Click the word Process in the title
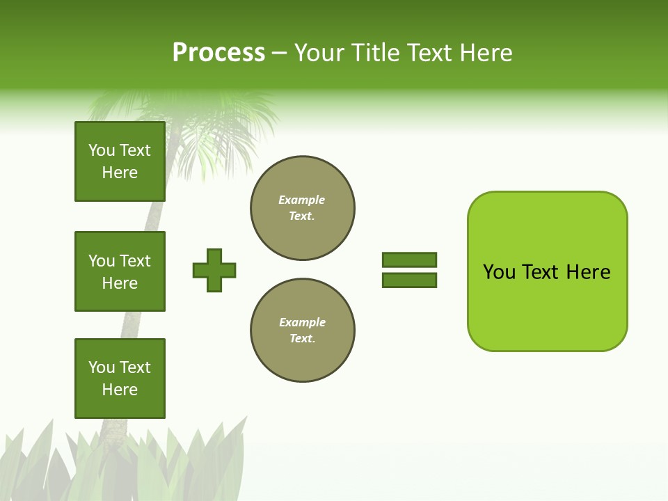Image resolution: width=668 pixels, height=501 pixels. [218, 53]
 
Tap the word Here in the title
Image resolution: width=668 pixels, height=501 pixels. [483, 53]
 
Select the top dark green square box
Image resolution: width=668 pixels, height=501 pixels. [120, 161]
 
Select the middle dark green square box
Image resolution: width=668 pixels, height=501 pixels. [120, 271]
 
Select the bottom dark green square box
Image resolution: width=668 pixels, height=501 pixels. [120, 379]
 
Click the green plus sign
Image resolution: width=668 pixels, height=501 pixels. [214, 270]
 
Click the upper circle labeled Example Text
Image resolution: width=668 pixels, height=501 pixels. [302, 208]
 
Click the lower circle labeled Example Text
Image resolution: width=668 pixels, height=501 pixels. [302, 331]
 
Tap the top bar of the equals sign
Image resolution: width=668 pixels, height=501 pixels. [409, 260]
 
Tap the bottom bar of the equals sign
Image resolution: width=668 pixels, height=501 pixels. [409, 280]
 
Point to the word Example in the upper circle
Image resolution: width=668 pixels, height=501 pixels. [301, 200]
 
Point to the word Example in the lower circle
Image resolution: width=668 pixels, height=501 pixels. [302, 322]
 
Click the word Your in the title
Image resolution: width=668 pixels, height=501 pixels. [319, 53]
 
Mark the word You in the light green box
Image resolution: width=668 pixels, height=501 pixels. [499, 272]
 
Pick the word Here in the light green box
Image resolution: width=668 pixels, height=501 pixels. [588, 272]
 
